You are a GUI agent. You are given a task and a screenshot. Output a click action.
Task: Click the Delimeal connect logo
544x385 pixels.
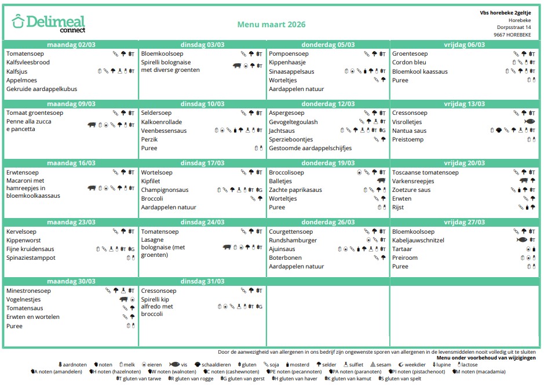(48, 23)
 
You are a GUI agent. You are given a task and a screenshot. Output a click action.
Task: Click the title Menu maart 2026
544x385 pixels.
(271, 25)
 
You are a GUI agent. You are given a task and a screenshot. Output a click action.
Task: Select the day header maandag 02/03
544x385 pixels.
(71, 45)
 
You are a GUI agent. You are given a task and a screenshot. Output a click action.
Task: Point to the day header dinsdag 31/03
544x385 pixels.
(202, 281)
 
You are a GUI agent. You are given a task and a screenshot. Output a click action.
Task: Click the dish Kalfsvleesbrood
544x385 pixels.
(28, 63)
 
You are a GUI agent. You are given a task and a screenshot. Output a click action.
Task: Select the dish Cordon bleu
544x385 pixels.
(409, 63)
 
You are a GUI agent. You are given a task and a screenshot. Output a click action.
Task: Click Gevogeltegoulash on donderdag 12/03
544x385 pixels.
(293, 122)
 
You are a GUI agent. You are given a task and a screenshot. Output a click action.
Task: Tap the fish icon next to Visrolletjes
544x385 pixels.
(529, 122)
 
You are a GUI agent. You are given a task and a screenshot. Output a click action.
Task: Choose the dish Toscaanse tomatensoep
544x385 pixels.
(425, 172)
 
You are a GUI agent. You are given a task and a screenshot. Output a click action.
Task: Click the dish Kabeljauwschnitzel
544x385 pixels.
(418, 240)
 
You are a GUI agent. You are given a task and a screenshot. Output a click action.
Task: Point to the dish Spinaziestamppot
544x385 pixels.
(31, 258)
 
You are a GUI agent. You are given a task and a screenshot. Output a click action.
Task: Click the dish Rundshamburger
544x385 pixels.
(293, 240)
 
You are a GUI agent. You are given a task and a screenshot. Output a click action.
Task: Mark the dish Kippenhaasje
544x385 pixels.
(288, 63)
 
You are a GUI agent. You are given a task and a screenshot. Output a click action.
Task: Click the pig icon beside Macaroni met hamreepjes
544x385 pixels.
(92, 188)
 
